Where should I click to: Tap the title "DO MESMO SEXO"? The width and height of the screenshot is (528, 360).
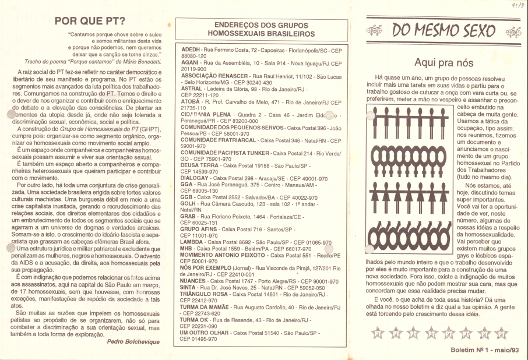pos(443,30)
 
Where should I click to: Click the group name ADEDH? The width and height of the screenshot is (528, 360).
pos(192,51)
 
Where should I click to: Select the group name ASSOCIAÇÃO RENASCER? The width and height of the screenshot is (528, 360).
pos(217,76)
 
